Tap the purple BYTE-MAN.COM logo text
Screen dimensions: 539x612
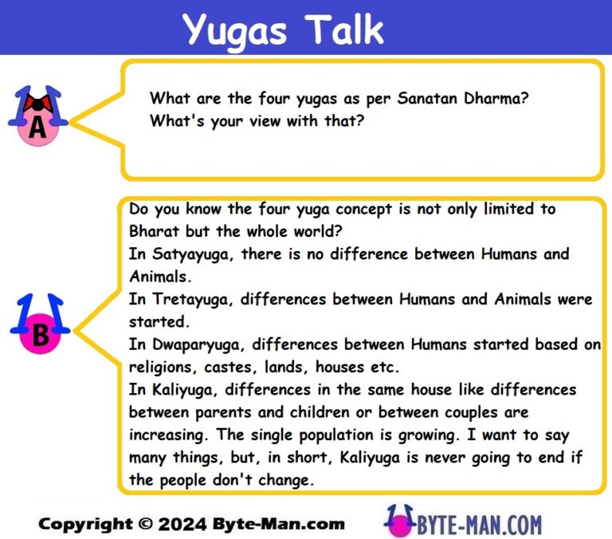(x=477, y=524)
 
